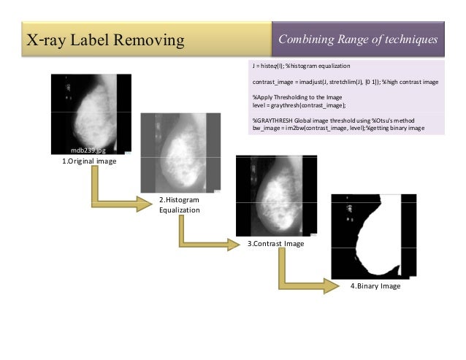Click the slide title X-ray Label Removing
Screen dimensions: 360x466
pos(104,39)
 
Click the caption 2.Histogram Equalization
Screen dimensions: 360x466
pos(179,204)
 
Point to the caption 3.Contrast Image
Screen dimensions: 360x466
pos(275,244)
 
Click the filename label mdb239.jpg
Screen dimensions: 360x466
pos(88,149)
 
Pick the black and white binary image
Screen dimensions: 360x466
pos(373,237)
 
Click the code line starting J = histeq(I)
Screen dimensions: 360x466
pos(302,66)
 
